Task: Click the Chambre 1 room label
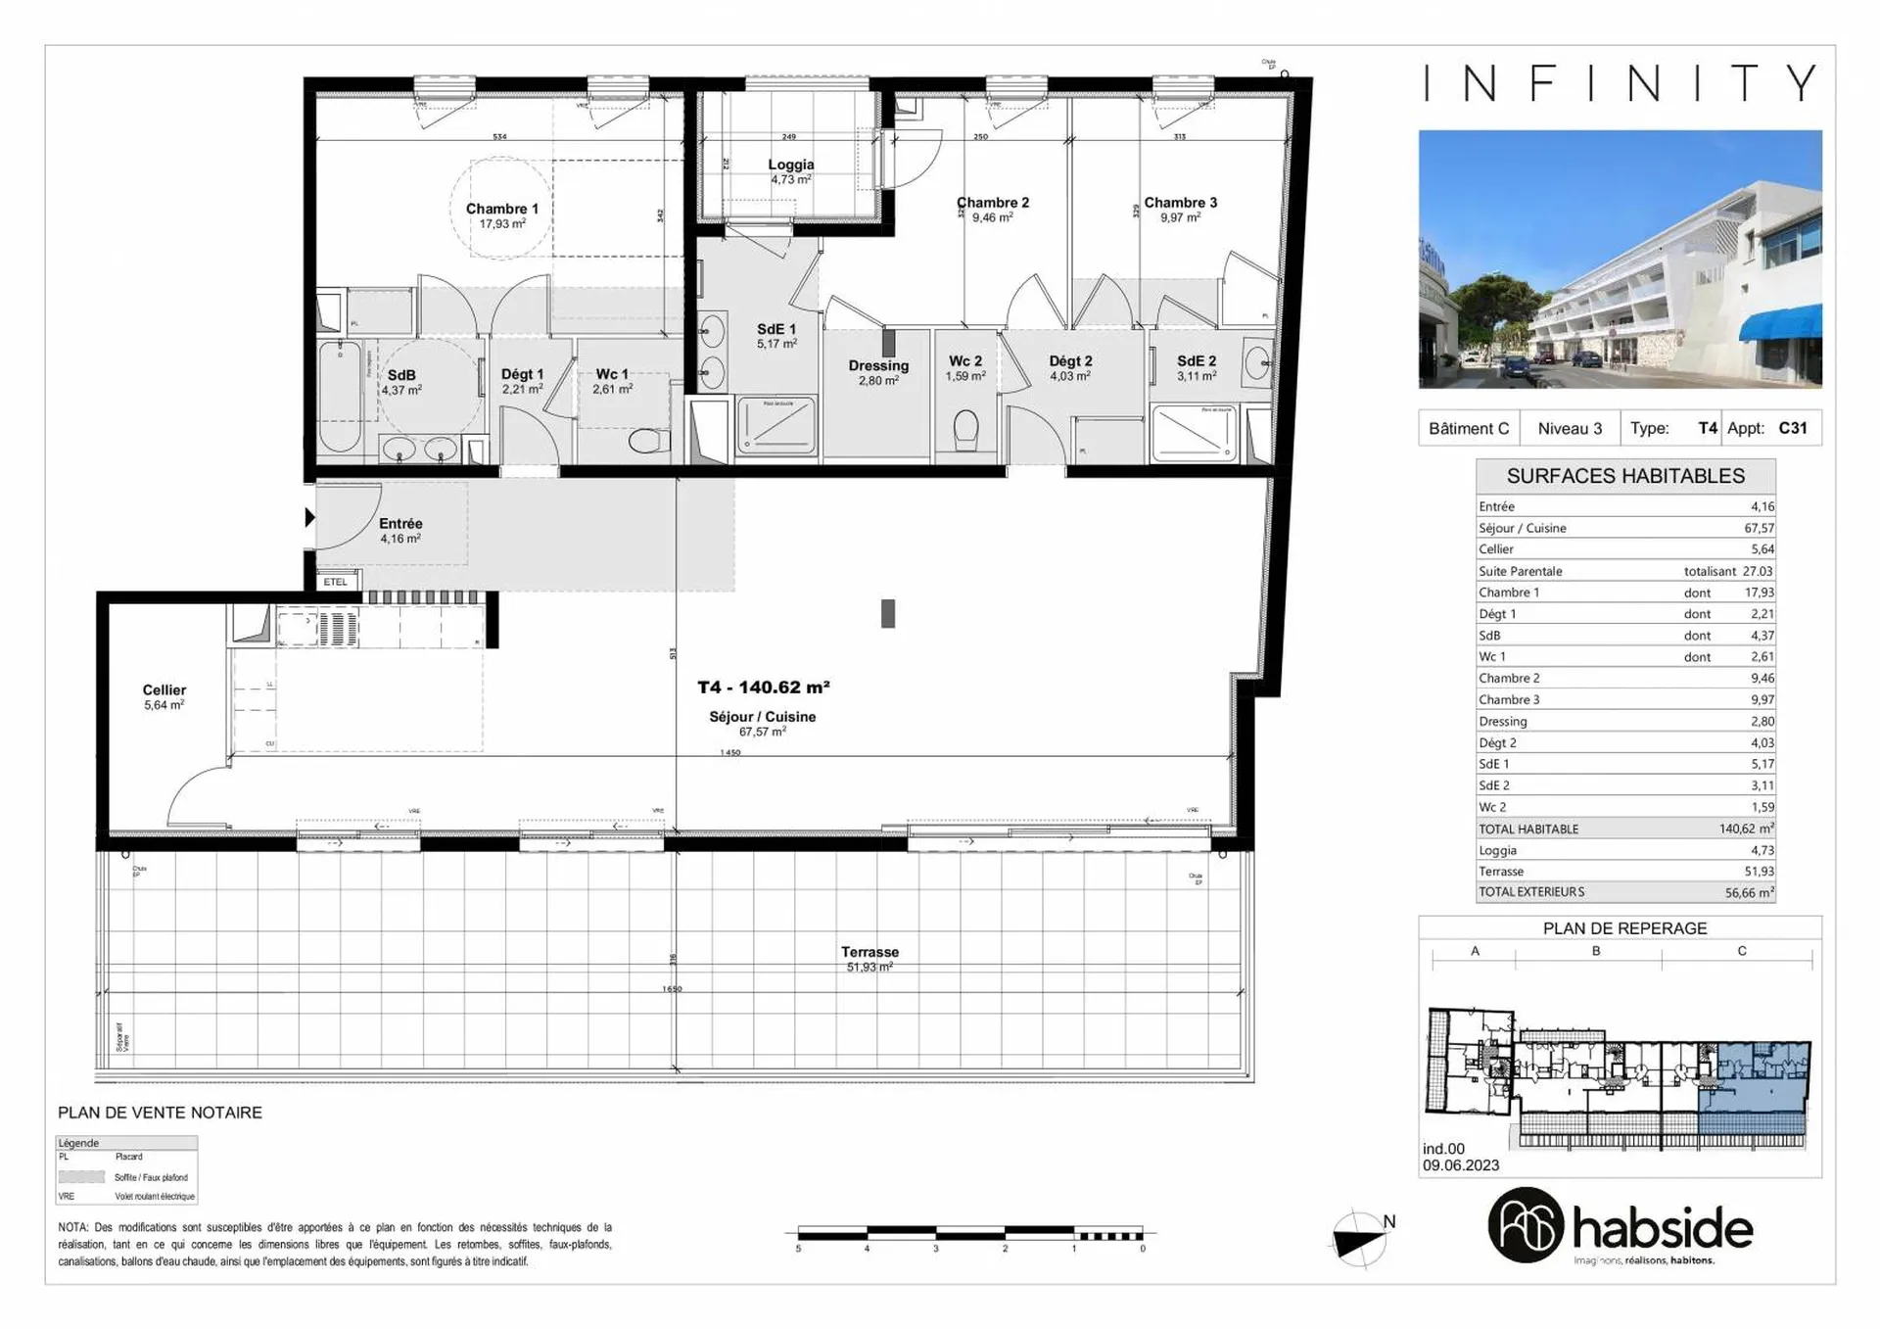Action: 501,210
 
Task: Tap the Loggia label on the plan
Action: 790,166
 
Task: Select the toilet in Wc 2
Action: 965,429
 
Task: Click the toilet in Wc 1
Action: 649,441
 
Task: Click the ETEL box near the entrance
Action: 336,582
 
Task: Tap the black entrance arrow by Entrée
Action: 309,517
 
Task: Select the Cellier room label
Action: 164,690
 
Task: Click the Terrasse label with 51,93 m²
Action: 869,952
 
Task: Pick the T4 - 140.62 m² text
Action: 764,688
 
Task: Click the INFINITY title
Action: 1621,83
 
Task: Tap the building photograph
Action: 1620,259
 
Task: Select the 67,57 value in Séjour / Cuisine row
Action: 1759,528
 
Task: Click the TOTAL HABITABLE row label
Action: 1528,829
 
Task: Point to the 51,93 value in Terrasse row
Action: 1759,872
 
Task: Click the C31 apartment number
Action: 1792,428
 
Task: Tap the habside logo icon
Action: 1525,1225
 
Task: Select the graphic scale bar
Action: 969,1235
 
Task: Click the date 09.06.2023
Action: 1461,1165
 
